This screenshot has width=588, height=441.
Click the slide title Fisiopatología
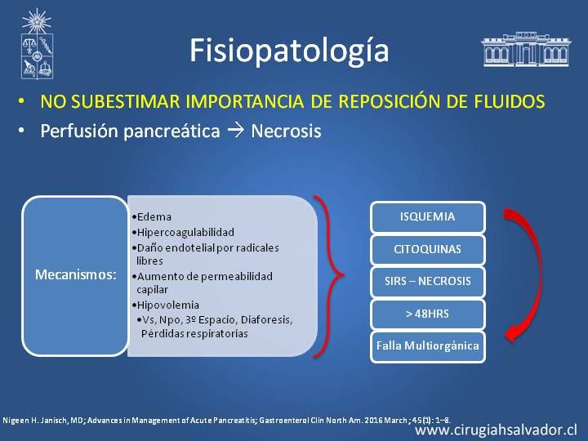coord(289,51)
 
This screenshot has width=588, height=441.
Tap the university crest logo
coord(37,44)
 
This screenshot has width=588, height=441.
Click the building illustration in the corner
coord(526,49)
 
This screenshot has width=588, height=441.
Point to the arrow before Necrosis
coord(235,131)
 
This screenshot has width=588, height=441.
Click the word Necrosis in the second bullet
coord(286,131)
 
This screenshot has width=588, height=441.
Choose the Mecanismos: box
coord(75,276)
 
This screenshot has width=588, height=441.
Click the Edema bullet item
coord(152,216)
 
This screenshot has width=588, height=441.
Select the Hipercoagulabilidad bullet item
coord(183,233)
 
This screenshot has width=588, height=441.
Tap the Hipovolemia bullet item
coord(165,305)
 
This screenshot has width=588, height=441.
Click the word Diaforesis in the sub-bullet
coord(266,320)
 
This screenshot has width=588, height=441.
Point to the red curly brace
coord(328,276)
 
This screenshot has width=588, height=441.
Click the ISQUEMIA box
coord(427,216)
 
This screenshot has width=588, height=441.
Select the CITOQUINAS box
coord(427,249)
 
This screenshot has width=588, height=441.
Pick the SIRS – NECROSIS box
coord(427,281)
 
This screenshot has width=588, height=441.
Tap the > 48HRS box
coord(427,314)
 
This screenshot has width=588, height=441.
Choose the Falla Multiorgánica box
coord(427,345)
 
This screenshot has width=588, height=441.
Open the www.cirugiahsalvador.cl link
coord(497,430)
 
